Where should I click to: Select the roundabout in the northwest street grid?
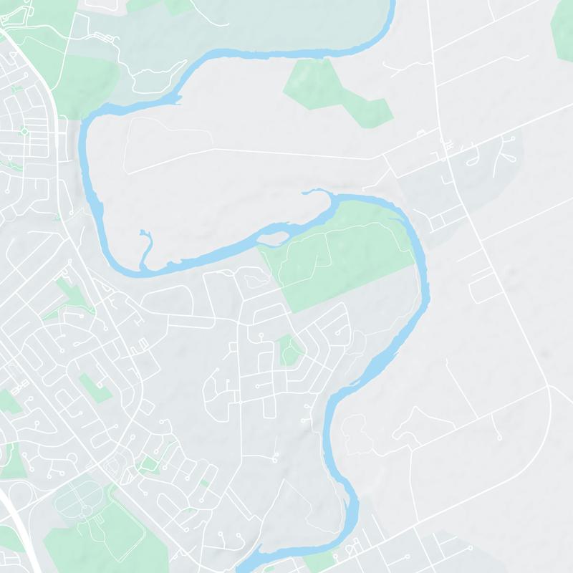[24, 131]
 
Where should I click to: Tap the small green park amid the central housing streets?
[289, 350]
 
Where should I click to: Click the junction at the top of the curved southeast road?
[548, 387]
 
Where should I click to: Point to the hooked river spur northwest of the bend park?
[315, 192]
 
